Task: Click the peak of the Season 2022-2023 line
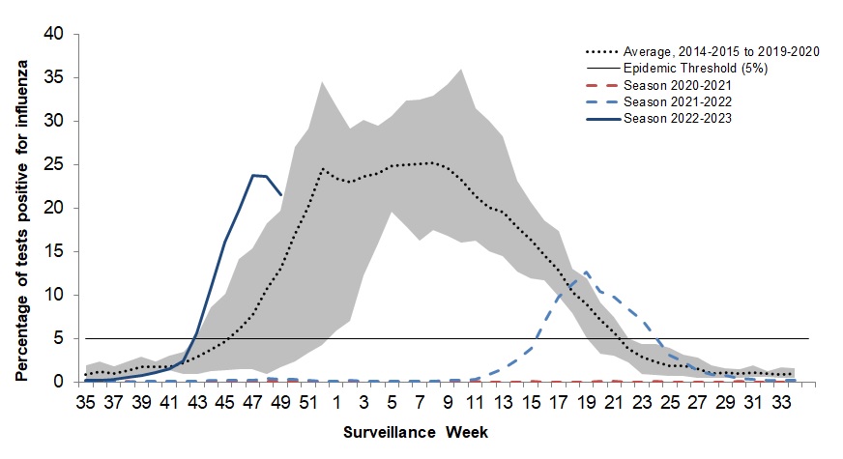point(252,175)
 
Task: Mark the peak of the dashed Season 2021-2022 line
point(586,273)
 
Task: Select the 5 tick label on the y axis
point(59,338)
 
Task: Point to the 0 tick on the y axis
point(59,382)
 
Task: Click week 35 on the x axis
point(87,400)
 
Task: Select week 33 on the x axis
point(780,400)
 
